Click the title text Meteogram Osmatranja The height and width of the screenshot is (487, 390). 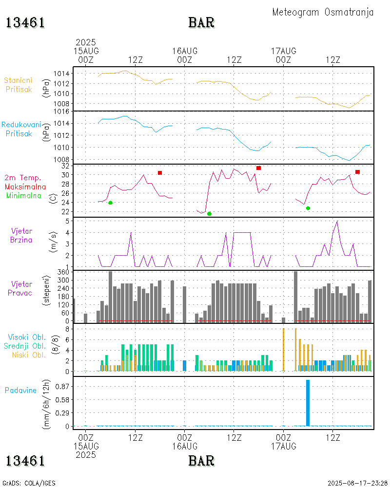tap(323, 12)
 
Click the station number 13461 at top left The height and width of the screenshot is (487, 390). tap(25, 22)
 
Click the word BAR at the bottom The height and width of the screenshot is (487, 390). tap(201, 460)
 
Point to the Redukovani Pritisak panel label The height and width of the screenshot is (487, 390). tap(21, 129)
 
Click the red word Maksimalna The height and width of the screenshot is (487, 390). tap(25, 187)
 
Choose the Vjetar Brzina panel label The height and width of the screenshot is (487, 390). tap(22, 235)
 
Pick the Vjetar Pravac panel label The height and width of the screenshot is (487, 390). tap(22, 288)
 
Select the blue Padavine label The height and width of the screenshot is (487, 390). tap(20, 390)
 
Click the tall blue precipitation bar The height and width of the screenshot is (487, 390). tap(308, 402)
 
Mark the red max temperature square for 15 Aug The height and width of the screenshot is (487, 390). tap(160, 173)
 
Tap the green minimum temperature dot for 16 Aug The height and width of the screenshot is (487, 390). tap(209, 214)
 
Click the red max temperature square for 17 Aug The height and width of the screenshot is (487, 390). tap(357, 172)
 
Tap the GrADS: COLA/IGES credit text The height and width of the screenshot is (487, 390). tap(29, 483)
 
